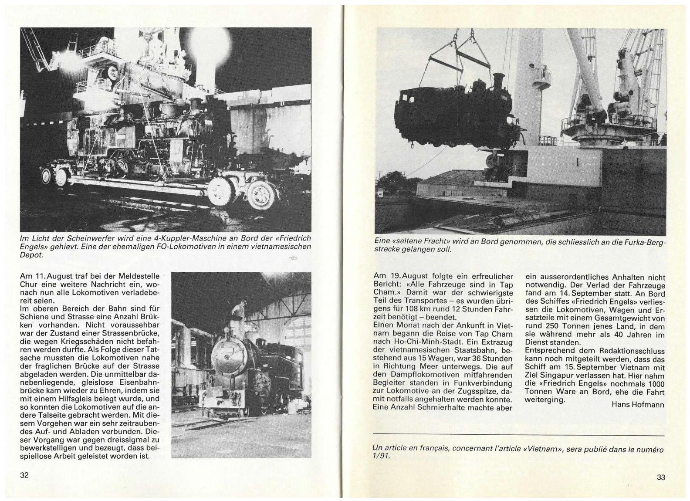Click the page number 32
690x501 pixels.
(x=24, y=475)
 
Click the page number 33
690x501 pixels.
(x=661, y=477)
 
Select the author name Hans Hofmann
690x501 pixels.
(x=638, y=405)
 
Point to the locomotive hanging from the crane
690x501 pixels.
(x=457, y=113)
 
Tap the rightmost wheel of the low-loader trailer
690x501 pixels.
(x=261, y=196)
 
